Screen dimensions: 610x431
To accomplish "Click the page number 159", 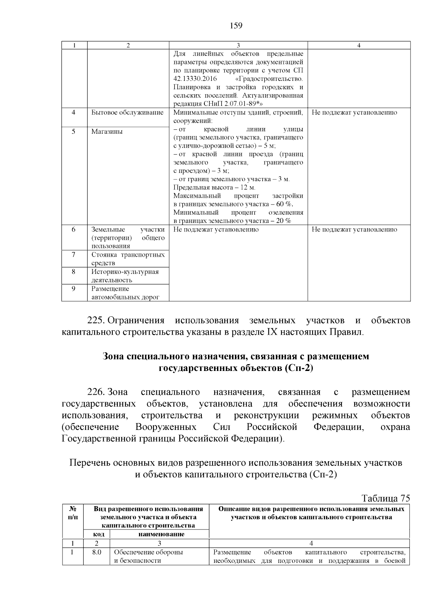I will [x=236, y=26].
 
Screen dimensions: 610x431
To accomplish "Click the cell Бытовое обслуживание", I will [x=127, y=113].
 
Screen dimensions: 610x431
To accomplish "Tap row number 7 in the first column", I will [x=74, y=255].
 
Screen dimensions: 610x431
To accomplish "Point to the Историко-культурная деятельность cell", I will [x=125, y=276].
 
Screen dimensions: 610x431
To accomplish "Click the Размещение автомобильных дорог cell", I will [x=125, y=293].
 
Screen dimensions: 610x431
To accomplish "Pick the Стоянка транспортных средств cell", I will [x=128, y=259].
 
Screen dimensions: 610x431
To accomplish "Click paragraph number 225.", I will [x=96, y=320].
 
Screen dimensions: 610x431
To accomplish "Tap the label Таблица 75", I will [x=385, y=499].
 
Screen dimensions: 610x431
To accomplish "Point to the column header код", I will [x=96, y=534].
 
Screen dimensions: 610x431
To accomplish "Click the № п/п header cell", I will [x=73, y=513].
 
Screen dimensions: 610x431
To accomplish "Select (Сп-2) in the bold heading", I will [x=298, y=368].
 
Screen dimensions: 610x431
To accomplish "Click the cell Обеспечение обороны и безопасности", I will [x=148, y=556].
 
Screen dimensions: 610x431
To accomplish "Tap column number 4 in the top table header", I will [x=359, y=45].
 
